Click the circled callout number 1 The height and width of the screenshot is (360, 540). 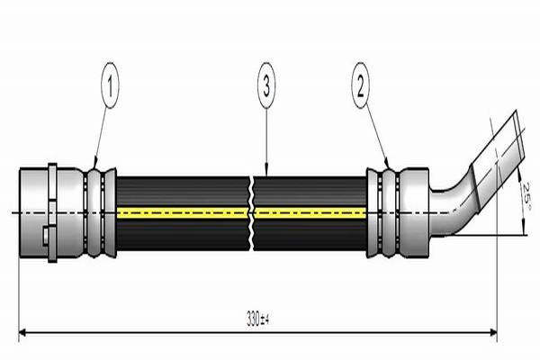[110, 85]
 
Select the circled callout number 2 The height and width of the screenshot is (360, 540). [360, 85]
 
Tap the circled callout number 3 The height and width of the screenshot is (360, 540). [266, 85]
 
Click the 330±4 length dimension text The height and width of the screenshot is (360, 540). [257, 319]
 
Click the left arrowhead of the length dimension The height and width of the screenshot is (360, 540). [22, 332]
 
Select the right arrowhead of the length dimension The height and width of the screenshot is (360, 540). [493, 332]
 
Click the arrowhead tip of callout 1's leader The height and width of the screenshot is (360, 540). [94, 168]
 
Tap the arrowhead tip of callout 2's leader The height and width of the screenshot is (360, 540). [389, 168]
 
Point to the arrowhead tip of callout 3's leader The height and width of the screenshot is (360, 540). [267, 176]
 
